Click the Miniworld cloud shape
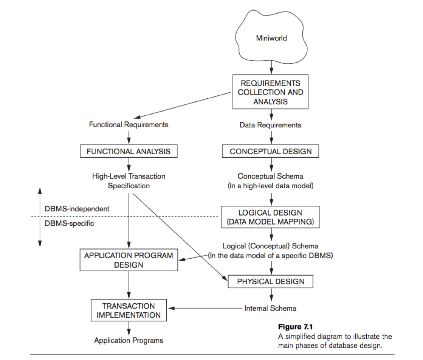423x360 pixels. pyautogui.click(x=271, y=38)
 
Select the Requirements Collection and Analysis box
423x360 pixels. pyautogui.click(x=270, y=92)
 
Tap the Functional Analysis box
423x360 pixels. pyautogui.click(x=129, y=152)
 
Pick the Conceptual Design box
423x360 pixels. pyautogui.click(x=271, y=152)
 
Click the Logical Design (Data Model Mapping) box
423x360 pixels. pyautogui.click(x=270, y=217)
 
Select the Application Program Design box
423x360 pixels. pyautogui.click(x=129, y=260)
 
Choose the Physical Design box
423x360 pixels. pyautogui.click(x=270, y=281)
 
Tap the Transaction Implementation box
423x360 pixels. pyautogui.click(x=129, y=310)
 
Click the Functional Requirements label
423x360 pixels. pyautogui.click(x=129, y=124)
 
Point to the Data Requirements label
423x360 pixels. pyautogui.click(x=270, y=125)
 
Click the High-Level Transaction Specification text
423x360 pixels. pyautogui.click(x=129, y=181)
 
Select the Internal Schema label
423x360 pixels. pyautogui.click(x=270, y=308)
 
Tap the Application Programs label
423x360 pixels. pyautogui.click(x=129, y=340)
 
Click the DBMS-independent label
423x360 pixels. pyautogui.click(x=77, y=209)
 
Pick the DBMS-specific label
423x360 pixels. pyautogui.click(x=69, y=223)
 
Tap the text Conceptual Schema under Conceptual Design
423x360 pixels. pyautogui.click(x=270, y=176)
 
